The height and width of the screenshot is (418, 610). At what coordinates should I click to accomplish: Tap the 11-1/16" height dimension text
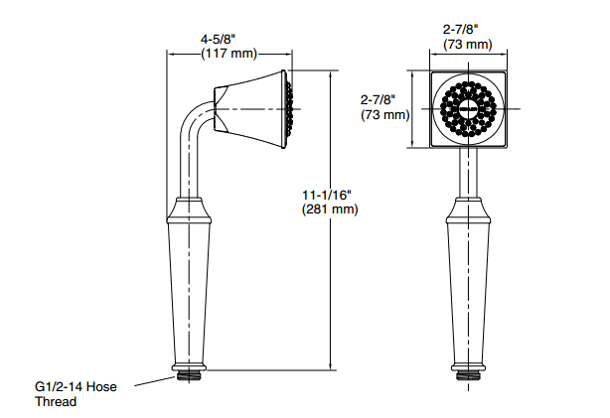[x=328, y=195]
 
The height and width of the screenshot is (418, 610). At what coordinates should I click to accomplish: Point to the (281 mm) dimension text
[x=328, y=209]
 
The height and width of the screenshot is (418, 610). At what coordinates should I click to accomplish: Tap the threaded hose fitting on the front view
[x=466, y=377]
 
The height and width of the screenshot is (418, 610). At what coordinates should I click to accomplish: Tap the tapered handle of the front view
[x=466, y=288]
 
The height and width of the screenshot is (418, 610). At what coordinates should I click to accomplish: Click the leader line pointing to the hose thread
[x=150, y=382]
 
